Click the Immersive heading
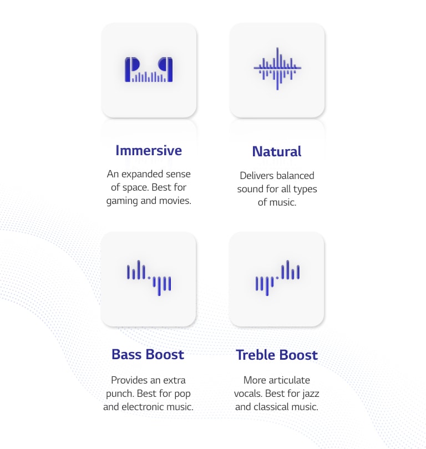point(149,151)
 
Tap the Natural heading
point(277,151)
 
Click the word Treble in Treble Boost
point(256,355)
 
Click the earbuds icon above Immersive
point(149,70)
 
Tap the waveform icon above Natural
point(277,69)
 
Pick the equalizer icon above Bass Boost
point(149,278)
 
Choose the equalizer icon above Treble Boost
point(277,278)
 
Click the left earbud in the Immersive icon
point(131,70)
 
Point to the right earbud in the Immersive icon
point(166,70)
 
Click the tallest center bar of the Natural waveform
point(277,69)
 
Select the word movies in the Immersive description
point(175,201)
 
